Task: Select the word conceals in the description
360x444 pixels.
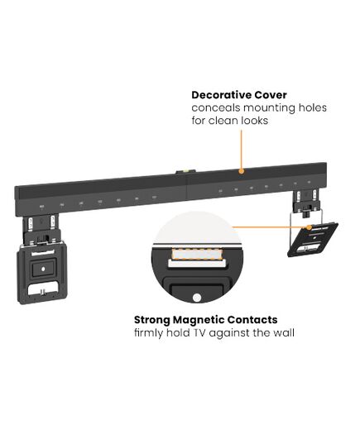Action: tap(216, 107)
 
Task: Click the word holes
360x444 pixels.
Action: tap(312, 107)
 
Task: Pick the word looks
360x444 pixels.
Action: tap(255, 121)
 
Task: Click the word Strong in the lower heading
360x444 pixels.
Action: tap(152, 320)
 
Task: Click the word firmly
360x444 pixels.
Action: tap(148, 333)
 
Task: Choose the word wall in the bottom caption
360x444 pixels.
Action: tap(284, 332)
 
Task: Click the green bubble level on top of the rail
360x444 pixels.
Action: tap(185, 171)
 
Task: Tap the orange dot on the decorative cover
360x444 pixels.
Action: tap(241, 171)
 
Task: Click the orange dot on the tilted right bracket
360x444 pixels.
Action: tap(310, 227)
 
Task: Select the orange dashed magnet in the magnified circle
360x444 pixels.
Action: tap(197, 255)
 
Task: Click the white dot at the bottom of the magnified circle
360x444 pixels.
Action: tap(197, 298)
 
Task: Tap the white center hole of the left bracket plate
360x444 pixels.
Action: tap(43, 270)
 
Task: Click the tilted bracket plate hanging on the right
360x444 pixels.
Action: tap(312, 239)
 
